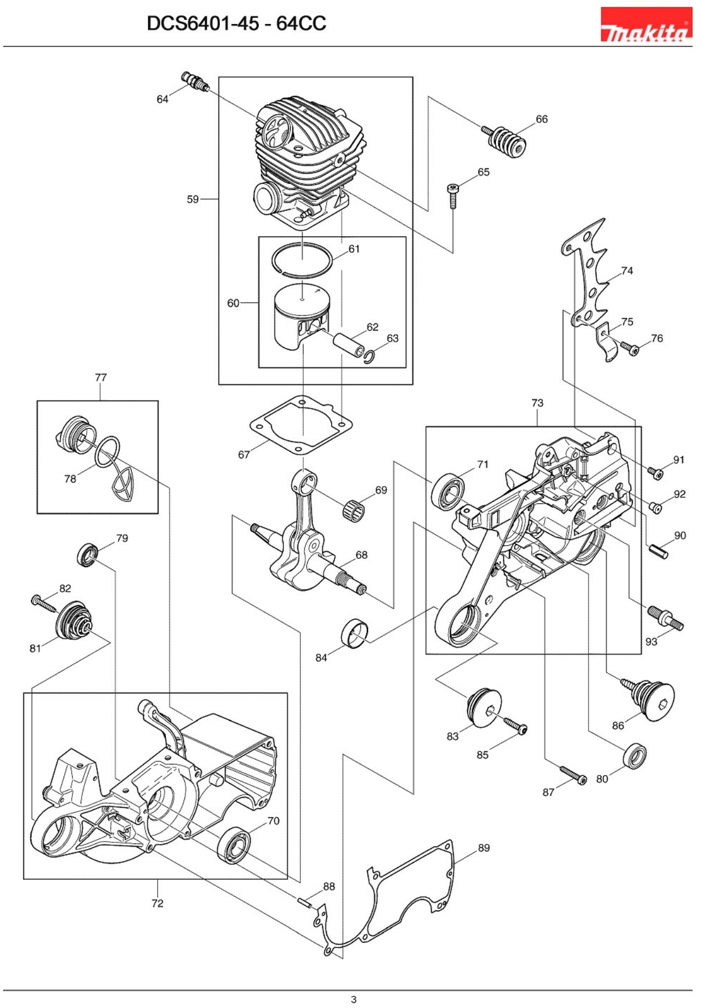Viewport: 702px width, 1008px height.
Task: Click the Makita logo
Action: tap(646, 25)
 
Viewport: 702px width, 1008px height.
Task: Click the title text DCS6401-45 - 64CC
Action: tap(236, 23)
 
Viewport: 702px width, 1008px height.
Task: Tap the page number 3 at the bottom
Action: tap(354, 999)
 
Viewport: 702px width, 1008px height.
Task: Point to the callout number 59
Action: tap(193, 199)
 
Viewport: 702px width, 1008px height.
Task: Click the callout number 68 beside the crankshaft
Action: tap(361, 555)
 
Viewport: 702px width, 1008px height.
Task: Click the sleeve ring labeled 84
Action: tap(354, 632)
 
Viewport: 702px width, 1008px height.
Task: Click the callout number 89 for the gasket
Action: tap(483, 848)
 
